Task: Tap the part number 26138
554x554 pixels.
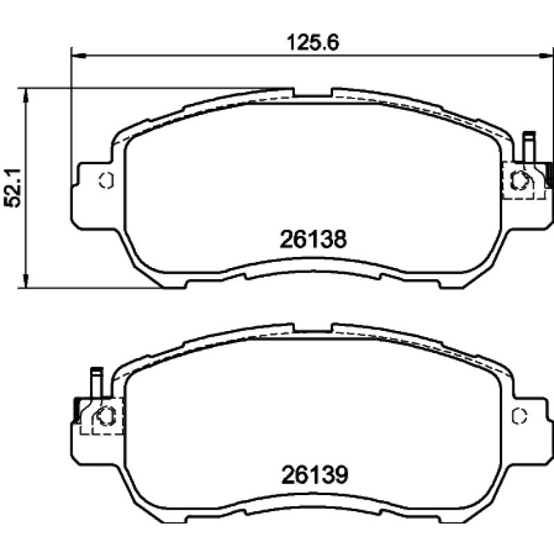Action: point(312,240)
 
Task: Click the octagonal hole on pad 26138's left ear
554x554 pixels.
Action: point(106,180)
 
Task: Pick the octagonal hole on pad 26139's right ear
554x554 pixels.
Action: point(519,415)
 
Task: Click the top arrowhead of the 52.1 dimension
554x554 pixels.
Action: point(26,93)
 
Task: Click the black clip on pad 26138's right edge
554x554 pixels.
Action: point(548,175)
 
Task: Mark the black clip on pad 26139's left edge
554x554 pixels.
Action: point(75,410)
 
